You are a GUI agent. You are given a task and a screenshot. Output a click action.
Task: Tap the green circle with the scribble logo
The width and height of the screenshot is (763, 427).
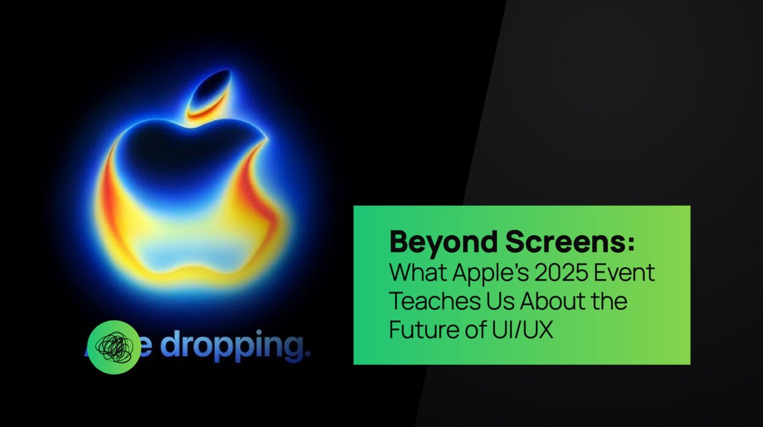(114, 347)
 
